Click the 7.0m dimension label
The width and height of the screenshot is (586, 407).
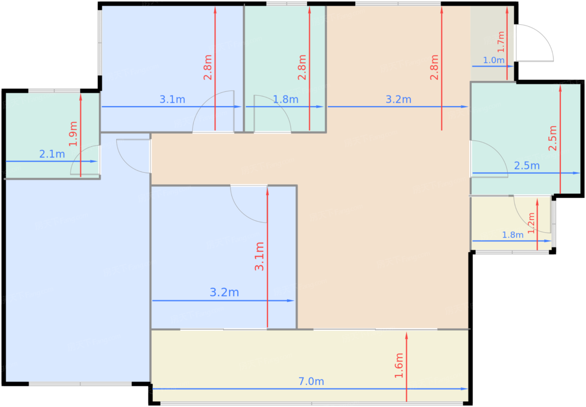point(311,381)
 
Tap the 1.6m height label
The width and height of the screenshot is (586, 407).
point(399,366)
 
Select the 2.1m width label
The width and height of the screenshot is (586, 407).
point(52,154)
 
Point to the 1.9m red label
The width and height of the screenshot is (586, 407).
point(73,134)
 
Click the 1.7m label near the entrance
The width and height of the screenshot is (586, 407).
point(501,42)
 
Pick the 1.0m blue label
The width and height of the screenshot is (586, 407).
point(493,60)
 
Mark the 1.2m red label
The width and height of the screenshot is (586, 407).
point(531,223)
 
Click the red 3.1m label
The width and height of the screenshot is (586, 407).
point(259,256)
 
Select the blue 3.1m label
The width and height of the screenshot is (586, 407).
point(172,99)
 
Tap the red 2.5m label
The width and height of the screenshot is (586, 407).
point(553,138)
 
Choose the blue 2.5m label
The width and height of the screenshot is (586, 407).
point(527,166)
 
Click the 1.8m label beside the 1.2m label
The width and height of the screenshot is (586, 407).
point(513,235)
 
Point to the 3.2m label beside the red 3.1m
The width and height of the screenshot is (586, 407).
point(224,292)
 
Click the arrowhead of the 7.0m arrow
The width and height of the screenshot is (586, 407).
point(465,389)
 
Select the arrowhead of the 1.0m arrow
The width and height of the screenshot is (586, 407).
point(511,67)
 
